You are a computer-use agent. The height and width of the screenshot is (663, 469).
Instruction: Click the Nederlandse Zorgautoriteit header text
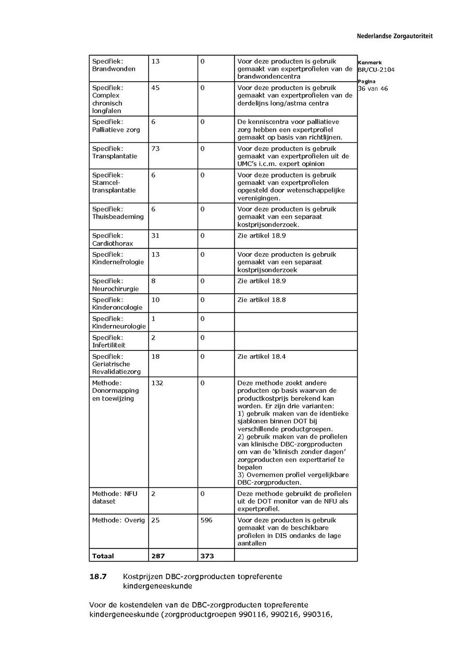coord(394,36)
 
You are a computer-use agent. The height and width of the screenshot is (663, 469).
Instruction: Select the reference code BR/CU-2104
coord(376,69)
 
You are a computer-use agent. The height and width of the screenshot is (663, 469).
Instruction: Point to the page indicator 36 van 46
coord(373,89)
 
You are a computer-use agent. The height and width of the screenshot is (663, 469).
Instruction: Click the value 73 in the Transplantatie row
coord(155,149)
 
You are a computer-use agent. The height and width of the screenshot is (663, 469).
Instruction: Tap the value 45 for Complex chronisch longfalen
coord(155,88)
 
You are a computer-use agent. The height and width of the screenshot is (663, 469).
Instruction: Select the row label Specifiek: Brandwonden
coord(114,65)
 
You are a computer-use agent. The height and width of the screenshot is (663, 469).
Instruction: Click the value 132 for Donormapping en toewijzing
coord(157,383)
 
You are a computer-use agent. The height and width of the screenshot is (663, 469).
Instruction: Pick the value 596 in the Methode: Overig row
coord(206,520)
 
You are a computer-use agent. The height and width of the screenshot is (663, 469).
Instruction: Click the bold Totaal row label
coord(103,556)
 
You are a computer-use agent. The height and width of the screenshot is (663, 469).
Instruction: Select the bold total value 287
coord(158,556)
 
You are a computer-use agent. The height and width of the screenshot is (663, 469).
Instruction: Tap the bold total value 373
coord(207,556)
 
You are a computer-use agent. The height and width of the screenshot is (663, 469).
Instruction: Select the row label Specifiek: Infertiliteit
coord(109,341)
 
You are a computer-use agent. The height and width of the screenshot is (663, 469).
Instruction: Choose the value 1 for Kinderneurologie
coord(153,319)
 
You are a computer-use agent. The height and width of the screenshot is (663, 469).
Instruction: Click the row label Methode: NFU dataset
coord(115,497)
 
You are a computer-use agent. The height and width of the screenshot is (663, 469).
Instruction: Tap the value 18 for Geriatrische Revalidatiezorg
coord(155,357)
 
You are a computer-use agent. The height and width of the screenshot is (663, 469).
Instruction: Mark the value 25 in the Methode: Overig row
coord(155,520)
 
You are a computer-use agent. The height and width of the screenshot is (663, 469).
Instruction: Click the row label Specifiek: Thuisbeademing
coord(118,213)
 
